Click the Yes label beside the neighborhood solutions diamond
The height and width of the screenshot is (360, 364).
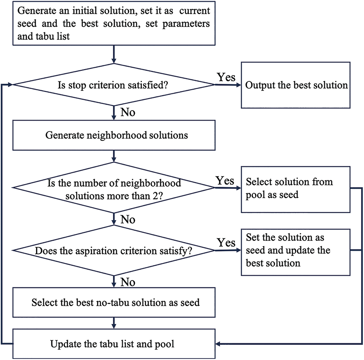point(225,180)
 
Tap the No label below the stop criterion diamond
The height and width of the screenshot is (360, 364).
point(128,112)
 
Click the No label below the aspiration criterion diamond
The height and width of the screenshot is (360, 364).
point(128,282)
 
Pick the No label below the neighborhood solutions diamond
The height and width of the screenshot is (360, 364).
point(128,219)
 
